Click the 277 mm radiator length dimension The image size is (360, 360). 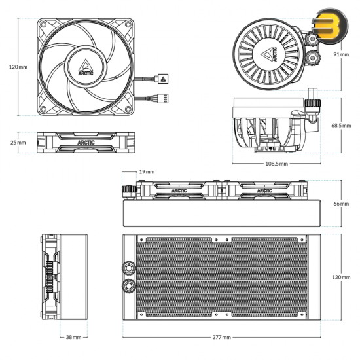221,337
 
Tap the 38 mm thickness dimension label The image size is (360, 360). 73,337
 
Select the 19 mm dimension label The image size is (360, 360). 147,171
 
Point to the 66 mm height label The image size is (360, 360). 341,204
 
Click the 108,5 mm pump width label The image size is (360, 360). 276,164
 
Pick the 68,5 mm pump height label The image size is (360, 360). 341,126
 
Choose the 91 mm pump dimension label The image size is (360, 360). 341,54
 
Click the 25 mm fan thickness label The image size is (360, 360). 18,142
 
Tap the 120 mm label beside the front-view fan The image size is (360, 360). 18,67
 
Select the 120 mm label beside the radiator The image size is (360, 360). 341,277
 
